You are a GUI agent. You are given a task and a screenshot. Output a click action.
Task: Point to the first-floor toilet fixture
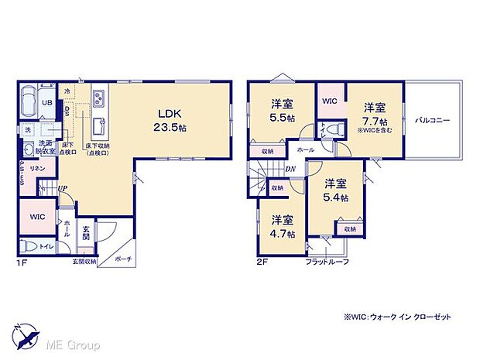29,245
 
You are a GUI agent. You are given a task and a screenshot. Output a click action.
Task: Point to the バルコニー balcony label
433,121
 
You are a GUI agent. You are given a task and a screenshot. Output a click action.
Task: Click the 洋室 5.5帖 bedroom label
280,110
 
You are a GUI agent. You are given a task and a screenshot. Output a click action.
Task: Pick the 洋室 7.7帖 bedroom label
375,115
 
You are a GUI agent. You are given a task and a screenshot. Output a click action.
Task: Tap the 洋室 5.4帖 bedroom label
335,190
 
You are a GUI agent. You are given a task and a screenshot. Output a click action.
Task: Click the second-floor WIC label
329,101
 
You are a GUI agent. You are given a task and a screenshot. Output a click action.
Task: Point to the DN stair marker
290,170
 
